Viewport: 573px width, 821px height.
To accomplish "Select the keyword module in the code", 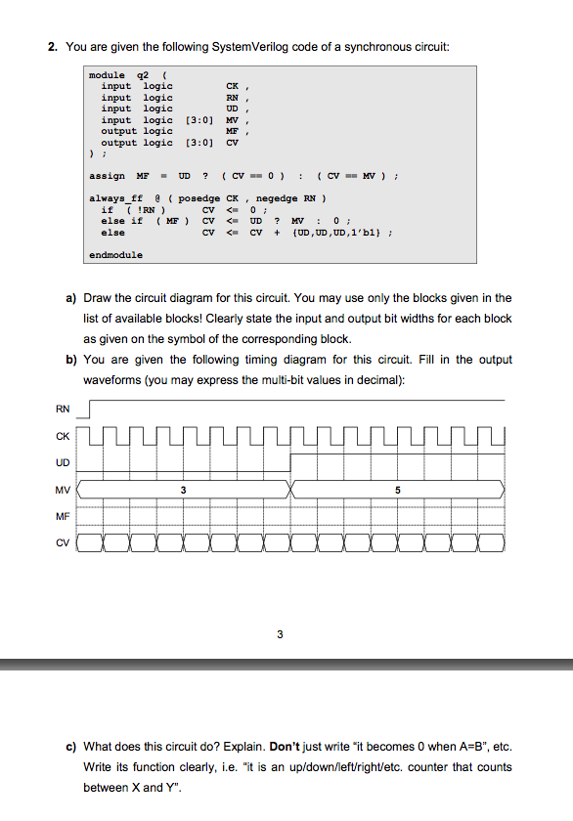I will tap(107, 75).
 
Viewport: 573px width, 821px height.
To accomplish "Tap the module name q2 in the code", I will tap(143, 75).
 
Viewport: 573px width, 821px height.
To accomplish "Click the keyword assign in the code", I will tap(107, 176).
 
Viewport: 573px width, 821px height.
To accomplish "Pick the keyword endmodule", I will tap(115, 254).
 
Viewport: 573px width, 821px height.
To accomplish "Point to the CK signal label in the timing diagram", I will tap(63, 436).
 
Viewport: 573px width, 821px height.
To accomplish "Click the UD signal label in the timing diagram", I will tap(63, 462).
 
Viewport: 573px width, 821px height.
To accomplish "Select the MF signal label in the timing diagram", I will tap(63, 516).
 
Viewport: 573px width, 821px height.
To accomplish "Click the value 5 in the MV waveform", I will tap(398, 490).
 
